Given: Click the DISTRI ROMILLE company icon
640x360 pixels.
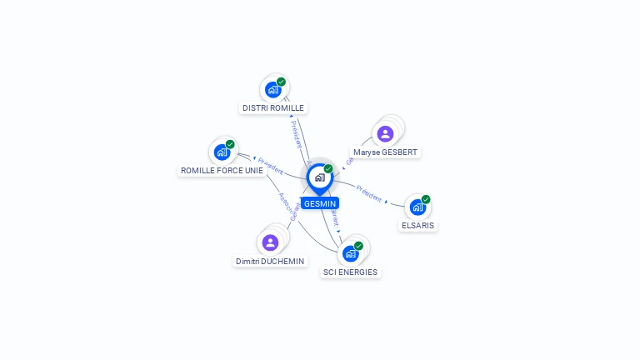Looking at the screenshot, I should point(272,89).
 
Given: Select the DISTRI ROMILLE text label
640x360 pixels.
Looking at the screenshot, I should point(273,108).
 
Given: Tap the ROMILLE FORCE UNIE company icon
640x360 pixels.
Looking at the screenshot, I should point(222,152).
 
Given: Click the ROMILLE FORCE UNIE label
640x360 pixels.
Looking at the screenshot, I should point(222,171).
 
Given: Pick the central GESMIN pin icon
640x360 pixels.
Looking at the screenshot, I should point(319,177).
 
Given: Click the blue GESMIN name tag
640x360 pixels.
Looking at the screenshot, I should point(320,203).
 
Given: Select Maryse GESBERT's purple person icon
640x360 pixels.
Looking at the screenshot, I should point(385,133).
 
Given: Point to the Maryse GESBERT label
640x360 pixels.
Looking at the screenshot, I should point(385,152).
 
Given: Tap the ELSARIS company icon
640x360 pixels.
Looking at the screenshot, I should point(417,207).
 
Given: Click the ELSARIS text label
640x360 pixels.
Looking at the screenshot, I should point(417,226).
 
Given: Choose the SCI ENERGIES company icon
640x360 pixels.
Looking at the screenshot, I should point(350,253).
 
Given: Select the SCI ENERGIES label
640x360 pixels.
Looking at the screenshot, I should point(350,272).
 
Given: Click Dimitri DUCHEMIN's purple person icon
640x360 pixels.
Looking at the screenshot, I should point(270,242).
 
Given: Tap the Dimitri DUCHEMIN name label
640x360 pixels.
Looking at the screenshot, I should point(270,262).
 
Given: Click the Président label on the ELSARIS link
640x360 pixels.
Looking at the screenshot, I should point(369,193).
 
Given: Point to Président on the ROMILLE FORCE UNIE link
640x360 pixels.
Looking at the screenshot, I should point(271,165).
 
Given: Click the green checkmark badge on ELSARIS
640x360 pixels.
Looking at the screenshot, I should point(426,199).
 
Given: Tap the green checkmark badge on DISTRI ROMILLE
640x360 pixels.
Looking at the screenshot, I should point(282,82).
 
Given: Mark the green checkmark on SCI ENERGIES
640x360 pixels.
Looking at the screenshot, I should point(359,246).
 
